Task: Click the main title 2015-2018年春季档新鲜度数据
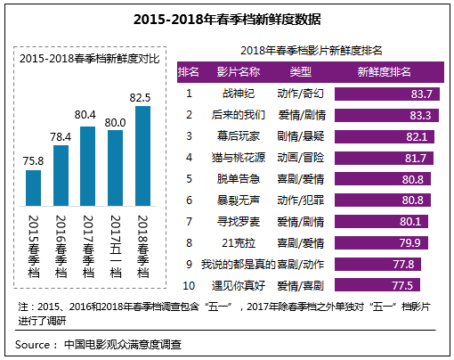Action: pyautogui.click(x=227, y=18)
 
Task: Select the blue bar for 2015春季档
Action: pyautogui.click(x=33, y=187)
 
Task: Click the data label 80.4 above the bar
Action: pyautogui.click(x=87, y=115)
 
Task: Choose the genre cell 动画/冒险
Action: pyautogui.click(x=302, y=157)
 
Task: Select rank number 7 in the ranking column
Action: pyautogui.click(x=189, y=221)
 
